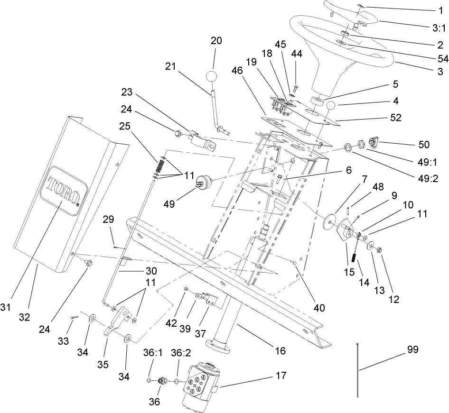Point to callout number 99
pyautogui.click(x=413, y=349)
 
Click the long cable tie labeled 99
pyautogui.click(x=355, y=370)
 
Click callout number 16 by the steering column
pyautogui.click(x=280, y=351)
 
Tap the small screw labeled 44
pyautogui.click(x=296, y=88)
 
